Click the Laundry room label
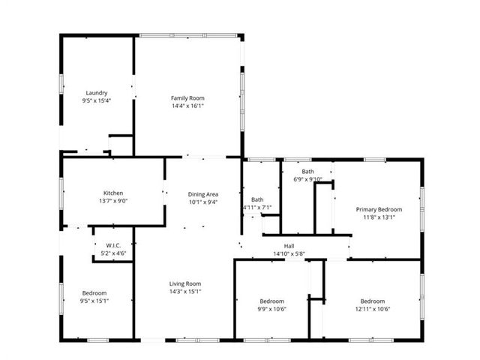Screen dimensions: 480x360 point(97,93)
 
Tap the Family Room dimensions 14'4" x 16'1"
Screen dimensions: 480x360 point(187,106)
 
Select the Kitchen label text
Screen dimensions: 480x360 point(113,193)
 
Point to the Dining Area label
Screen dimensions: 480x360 point(203,194)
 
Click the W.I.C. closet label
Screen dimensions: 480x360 point(113,245)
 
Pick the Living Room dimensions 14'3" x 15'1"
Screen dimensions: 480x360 point(185,292)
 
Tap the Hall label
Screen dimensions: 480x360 point(289,246)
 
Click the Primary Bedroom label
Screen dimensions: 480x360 point(379,210)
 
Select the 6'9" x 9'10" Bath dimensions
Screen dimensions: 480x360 point(308,179)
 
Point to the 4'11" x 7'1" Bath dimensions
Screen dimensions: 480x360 point(257,208)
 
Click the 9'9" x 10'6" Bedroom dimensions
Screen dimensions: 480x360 point(271,309)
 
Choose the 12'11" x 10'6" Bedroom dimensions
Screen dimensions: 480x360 point(373,309)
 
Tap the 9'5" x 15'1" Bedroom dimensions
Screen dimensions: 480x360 point(94,301)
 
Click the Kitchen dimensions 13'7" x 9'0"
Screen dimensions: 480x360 point(113,201)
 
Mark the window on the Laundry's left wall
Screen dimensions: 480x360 point(61,84)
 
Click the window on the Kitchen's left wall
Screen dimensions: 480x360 point(61,193)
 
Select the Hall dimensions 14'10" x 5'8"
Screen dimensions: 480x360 point(289,253)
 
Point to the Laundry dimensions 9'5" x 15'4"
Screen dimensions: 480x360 point(97,100)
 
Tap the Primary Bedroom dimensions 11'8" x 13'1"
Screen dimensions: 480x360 point(379,217)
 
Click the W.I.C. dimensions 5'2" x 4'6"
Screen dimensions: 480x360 point(113,253)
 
